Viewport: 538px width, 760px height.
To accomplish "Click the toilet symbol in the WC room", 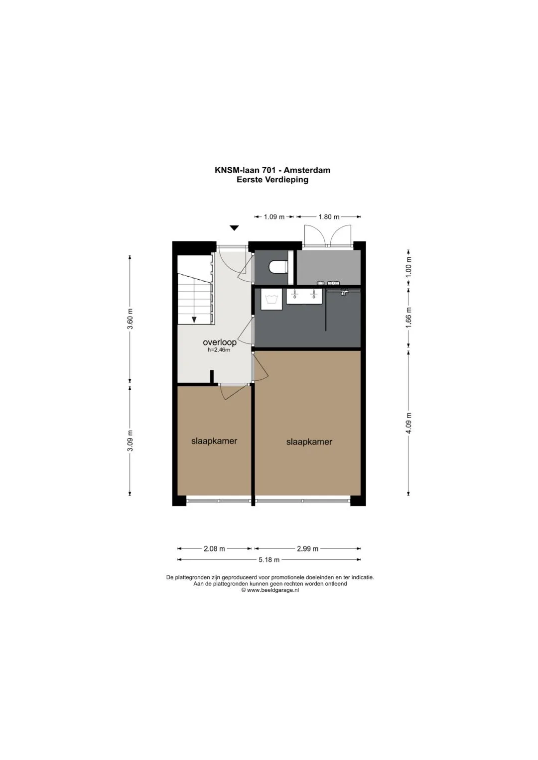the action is (278, 267).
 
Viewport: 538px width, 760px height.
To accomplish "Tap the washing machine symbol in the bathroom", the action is (271, 300).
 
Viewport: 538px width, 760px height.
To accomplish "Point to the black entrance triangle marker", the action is (234, 228).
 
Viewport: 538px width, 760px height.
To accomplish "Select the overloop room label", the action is (219, 342).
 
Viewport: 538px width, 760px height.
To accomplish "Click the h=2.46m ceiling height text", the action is (219, 350).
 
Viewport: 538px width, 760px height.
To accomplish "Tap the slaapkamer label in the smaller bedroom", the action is (214, 441).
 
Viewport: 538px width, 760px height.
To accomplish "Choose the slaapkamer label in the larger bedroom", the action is (309, 442).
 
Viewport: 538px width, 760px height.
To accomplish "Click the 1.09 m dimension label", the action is (274, 217).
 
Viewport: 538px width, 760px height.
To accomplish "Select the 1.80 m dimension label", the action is (329, 217).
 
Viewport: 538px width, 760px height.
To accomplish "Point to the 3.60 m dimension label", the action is (130, 319).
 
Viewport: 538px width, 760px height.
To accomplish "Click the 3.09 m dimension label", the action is (130, 441).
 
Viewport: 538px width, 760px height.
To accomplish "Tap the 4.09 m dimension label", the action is (408, 423).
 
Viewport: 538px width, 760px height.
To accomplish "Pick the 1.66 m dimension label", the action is (408, 317).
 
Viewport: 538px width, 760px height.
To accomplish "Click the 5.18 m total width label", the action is (269, 560).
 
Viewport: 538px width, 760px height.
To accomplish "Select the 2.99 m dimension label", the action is (308, 548).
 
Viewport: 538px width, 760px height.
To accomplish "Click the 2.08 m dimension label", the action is (214, 548).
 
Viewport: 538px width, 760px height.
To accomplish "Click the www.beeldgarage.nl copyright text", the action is (270, 590).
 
